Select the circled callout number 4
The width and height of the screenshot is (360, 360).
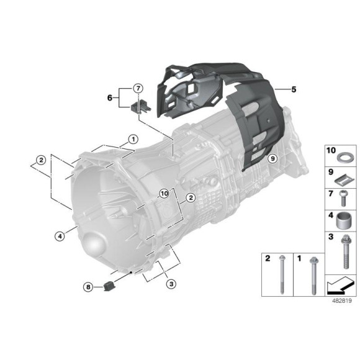tap(60, 235)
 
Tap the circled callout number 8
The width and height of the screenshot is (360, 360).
tap(88, 287)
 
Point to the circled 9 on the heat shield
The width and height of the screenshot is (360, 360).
tap(272, 159)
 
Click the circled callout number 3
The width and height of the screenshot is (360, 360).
tap(171, 284)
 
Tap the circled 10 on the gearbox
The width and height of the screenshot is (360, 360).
tap(164, 194)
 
